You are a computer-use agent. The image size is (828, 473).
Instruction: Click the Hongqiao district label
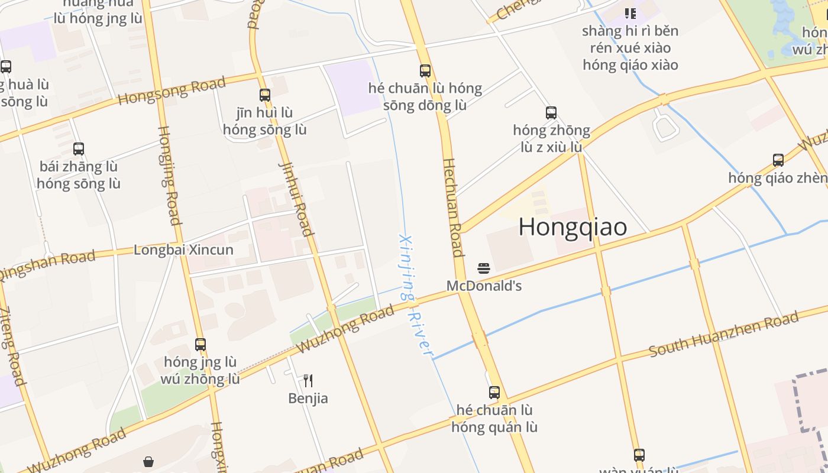click(573, 227)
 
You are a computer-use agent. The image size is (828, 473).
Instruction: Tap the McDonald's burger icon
click(484, 268)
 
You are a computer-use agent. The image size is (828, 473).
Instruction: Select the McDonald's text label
click(484, 286)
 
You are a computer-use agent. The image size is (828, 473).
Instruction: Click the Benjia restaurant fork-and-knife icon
click(308, 380)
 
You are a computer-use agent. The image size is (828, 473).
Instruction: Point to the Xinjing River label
click(414, 296)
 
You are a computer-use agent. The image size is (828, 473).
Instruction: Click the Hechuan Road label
click(452, 207)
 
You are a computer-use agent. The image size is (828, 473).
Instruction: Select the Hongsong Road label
click(172, 90)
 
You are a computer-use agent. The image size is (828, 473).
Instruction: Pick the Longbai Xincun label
click(183, 250)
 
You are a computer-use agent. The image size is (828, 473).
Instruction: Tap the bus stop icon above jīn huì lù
click(265, 95)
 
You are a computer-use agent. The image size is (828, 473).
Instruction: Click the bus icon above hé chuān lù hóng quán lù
click(494, 392)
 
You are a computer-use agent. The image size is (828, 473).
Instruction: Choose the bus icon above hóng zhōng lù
click(551, 112)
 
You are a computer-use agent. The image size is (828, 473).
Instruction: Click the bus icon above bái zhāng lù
click(79, 149)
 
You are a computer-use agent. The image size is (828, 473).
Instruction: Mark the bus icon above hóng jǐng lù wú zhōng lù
click(200, 344)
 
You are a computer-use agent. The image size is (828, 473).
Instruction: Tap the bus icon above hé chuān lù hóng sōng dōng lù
click(425, 71)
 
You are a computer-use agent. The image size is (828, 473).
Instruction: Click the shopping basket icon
click(148, 461)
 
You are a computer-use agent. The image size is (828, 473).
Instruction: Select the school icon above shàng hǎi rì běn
click(630, 13)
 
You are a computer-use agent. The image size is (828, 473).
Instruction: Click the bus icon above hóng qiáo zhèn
click(778, 160)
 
